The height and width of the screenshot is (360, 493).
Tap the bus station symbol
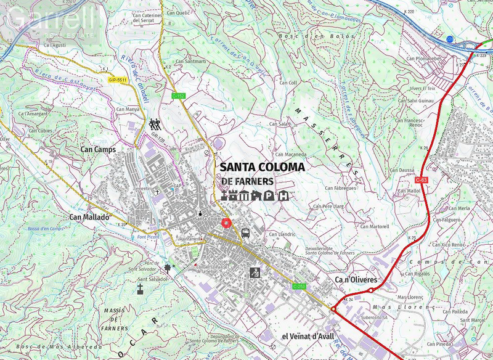tap(245, 233)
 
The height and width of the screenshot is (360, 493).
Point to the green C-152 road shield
tap(179, 96)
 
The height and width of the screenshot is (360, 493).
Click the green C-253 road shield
tap(299, 286)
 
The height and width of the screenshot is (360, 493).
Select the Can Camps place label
tap(98, 149)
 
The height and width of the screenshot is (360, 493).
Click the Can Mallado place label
tap(89, 217)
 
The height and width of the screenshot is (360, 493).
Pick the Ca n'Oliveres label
tap(356, 280)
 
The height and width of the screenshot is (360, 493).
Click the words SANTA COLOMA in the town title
tap(262, 167)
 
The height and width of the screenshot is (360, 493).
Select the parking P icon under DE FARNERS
tap(269, 196)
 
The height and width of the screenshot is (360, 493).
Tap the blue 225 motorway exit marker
tap(450, 39)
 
